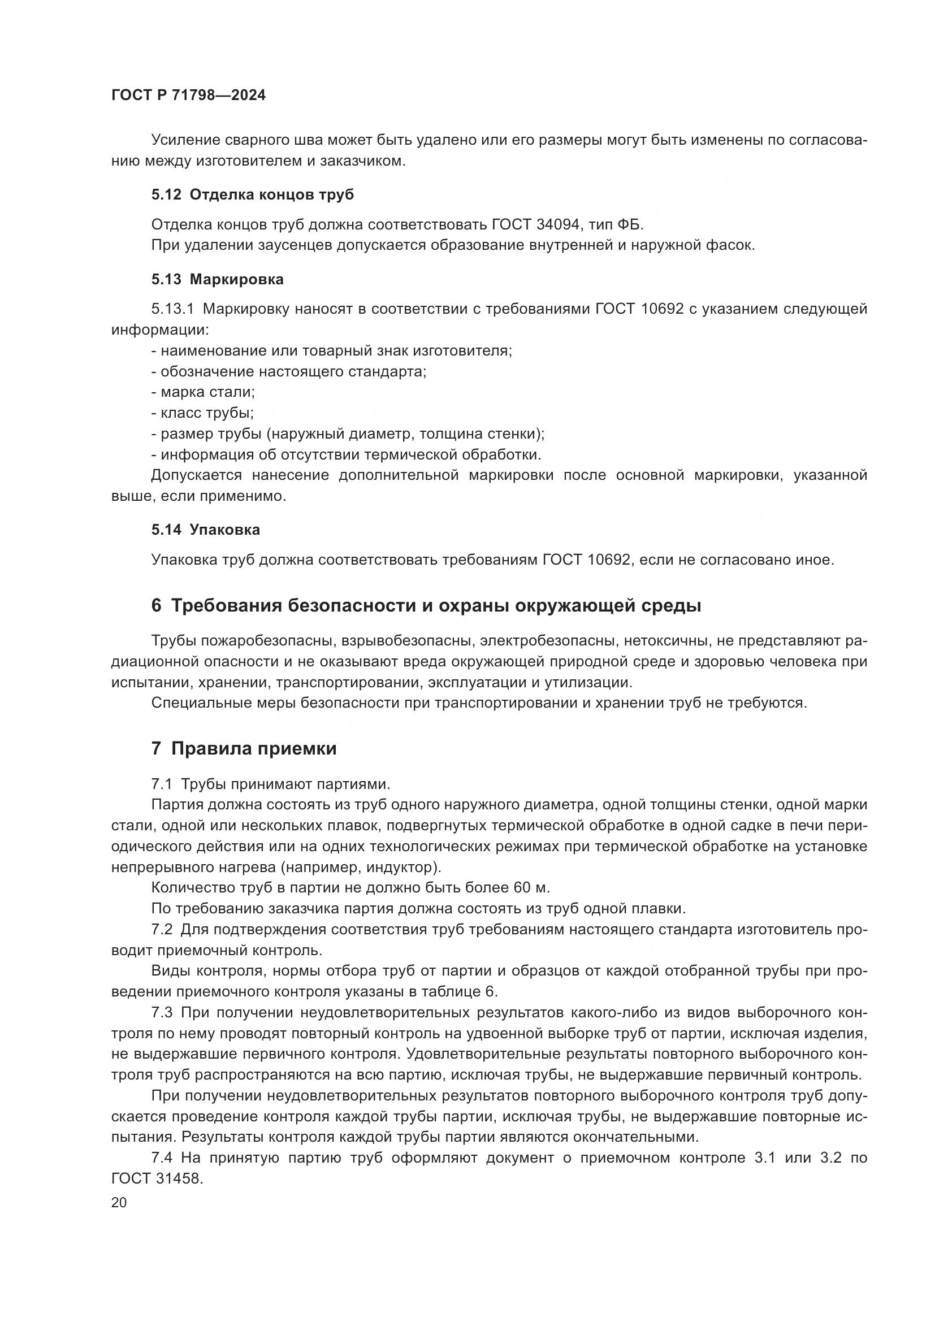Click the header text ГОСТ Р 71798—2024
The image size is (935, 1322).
[x=188, y=96]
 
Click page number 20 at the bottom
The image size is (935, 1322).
[x=119, y=1202]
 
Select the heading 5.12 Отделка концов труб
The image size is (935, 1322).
[x=253, y=194]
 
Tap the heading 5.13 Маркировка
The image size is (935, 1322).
[x=218, y=280]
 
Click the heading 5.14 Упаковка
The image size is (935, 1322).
[x=206, y=530]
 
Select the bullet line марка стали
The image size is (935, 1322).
[x=203, y=392]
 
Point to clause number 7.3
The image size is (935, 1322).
[x=162, y=1013]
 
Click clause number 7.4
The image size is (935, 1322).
[x=162, y=1158]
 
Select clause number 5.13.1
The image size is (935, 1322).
[x=172, y=309]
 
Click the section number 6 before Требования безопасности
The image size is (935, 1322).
[x=156, y=606]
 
